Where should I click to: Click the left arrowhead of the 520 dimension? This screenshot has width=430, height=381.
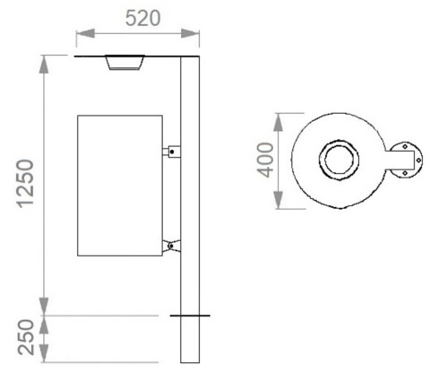pos(81,34)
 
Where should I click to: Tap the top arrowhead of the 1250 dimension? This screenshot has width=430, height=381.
pos(42,62)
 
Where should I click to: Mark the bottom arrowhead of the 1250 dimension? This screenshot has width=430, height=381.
pos(42,308)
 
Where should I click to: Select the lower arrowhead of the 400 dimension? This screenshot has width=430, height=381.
pos(281,204)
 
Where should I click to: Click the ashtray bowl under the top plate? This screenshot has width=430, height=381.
pos(124,63)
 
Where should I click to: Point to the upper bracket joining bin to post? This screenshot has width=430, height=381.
pos(170,152)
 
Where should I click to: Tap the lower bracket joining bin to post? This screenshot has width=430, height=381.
pos(170,245)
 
